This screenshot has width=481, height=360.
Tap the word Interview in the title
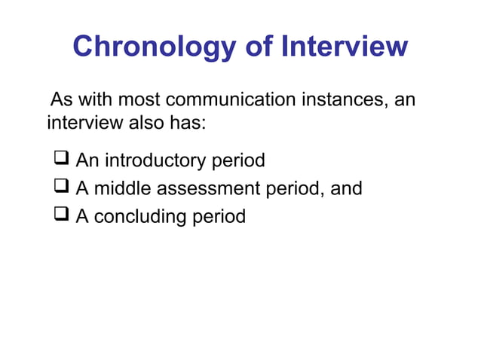[x=344, y=47]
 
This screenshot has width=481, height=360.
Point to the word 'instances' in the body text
[x=349, y=99]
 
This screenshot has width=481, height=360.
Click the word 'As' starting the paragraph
[x=61, y=99]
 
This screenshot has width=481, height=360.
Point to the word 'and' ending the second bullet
[x=347, y=188]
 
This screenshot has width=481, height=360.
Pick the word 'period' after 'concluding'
[x=218, y=217]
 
